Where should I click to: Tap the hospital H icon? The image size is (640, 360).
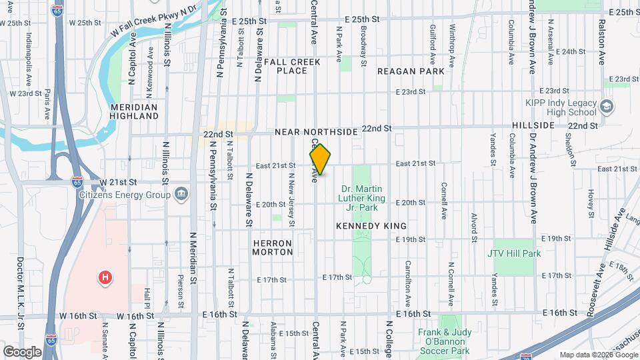104,277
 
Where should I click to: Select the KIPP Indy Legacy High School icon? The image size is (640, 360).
606,107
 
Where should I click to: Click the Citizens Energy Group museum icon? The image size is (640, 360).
181,194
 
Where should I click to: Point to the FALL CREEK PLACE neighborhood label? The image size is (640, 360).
292,66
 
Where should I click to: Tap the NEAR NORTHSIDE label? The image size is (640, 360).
317,133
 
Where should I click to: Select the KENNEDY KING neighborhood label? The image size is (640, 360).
371,227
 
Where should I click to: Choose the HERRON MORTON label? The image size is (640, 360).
273,247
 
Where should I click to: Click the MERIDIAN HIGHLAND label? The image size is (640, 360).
134,111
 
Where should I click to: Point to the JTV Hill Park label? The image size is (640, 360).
514,253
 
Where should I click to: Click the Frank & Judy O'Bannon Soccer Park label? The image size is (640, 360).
445,341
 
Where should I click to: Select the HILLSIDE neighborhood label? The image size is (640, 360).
533,125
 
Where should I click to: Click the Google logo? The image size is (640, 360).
22,351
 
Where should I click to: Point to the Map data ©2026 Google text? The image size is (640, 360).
597,355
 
